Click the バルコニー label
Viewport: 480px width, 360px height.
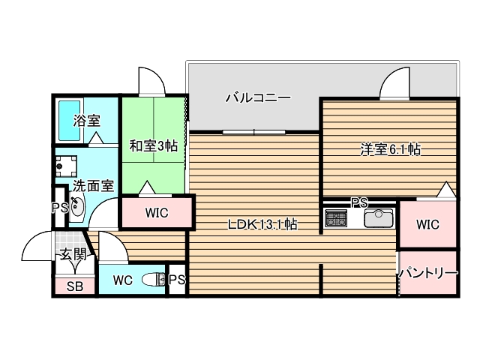click(x=257, y=97)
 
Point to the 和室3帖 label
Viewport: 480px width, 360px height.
click(x=153, y=145)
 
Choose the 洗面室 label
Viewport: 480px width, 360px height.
click(x=93, y=186)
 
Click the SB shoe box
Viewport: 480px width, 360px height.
click(x=74, y=285)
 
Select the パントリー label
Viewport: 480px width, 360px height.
click(x=427, y=273)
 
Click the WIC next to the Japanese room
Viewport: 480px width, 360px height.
click(x=157, y=213)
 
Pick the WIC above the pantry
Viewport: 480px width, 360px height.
click(x=427, y=224)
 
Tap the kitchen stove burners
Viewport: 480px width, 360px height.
click(x=336, y=219)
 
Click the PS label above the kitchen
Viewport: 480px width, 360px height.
click(x=360, y=202)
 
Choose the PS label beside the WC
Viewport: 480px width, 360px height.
click(x=177, y=280)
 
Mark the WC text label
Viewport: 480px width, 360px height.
click(x=123, y=280)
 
